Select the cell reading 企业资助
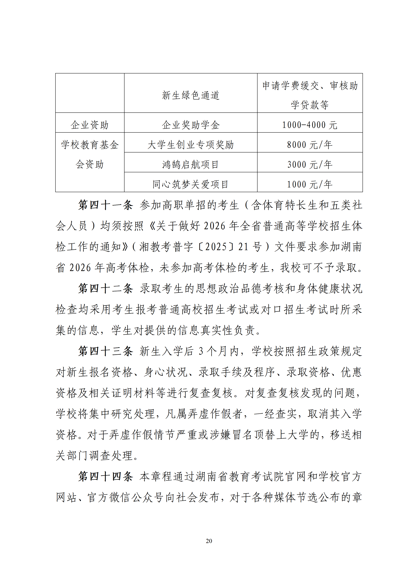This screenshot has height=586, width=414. coord(90,125)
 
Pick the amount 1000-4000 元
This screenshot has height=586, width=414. coord(310,125)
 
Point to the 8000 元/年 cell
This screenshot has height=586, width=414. coord(310,145)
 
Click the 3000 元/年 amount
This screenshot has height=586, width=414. coord(310,164)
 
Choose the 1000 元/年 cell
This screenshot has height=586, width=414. coord(310,184)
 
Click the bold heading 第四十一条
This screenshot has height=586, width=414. coord(106,205)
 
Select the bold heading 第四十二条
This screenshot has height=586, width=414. coord(106,289)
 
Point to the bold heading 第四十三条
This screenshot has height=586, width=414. coord(106,351)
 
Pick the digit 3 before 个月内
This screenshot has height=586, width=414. coord(201,351)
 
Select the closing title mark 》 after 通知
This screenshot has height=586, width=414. coord(125,247)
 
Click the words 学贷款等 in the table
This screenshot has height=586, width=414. coord(310,105)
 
